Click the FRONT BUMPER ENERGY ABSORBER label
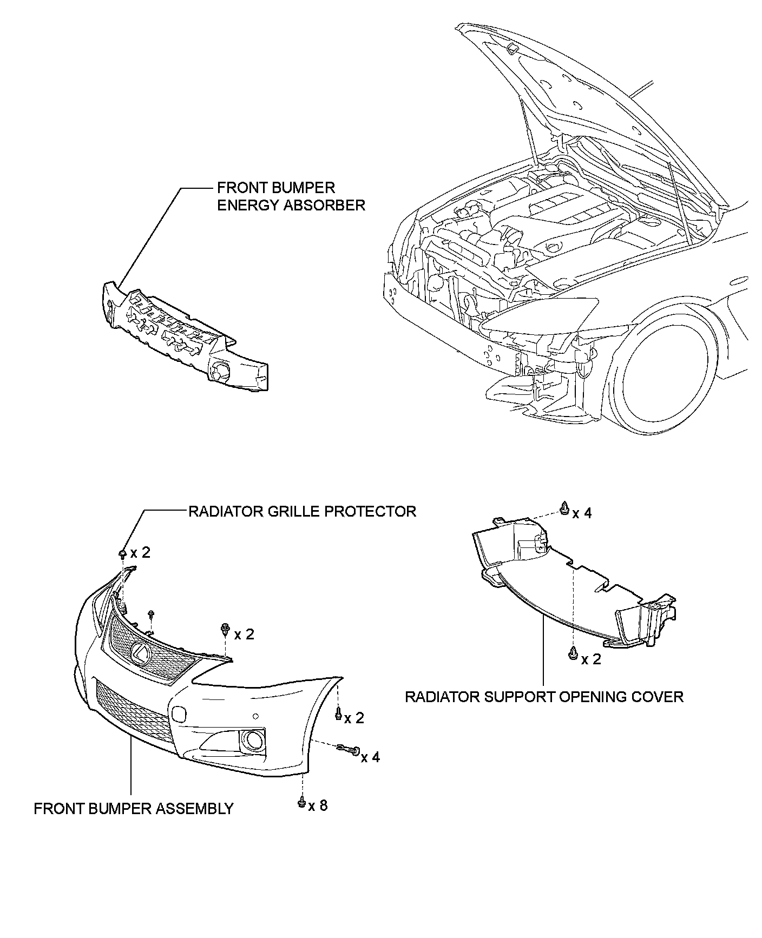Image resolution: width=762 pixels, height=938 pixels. pyautogui.click(x=291, y=196)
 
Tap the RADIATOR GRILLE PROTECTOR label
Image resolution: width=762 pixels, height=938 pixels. pyautogui.click(x=302, y=511)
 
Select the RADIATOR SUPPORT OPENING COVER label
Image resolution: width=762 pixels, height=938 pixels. pyautogui.click(x=544, y=696)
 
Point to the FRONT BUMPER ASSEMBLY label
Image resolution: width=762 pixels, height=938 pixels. pyautogui.click(x=134, y=809)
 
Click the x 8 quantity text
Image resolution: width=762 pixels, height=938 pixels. pyautogui.click(x=318, y=805)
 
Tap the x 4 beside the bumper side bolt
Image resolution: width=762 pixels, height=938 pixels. pyautogui.click(x=370, y=757)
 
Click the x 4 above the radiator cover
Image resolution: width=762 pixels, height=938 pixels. pyautogui.click(x=582, y=512)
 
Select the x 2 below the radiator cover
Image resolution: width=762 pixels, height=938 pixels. pyautogui.click(x=591, y=659)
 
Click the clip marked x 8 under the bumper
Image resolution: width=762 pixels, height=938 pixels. pyautogui.click(x=301, y=803)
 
